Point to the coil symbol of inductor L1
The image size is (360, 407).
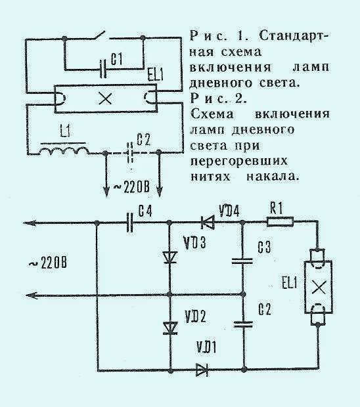[64, 151]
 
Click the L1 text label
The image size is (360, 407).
[65, 131]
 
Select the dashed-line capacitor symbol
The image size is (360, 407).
[131, 152]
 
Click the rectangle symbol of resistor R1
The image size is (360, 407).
[281, 222]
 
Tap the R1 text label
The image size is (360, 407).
[276, 209]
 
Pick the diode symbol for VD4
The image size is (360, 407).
[208, 223]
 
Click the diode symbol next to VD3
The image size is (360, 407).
[171, 258]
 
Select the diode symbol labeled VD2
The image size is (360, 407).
[171, 328]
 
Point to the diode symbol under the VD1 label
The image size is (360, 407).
[202, 370]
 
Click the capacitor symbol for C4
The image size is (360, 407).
[130, 223]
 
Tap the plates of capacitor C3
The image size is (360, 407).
[242, 261]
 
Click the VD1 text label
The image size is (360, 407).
[206, 347]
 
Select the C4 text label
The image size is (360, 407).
[145, 210]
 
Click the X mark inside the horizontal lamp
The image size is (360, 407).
[105, 98]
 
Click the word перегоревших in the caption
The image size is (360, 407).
[239, 161]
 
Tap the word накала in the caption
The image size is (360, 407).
[271, 177]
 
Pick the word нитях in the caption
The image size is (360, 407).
[210, 177]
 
